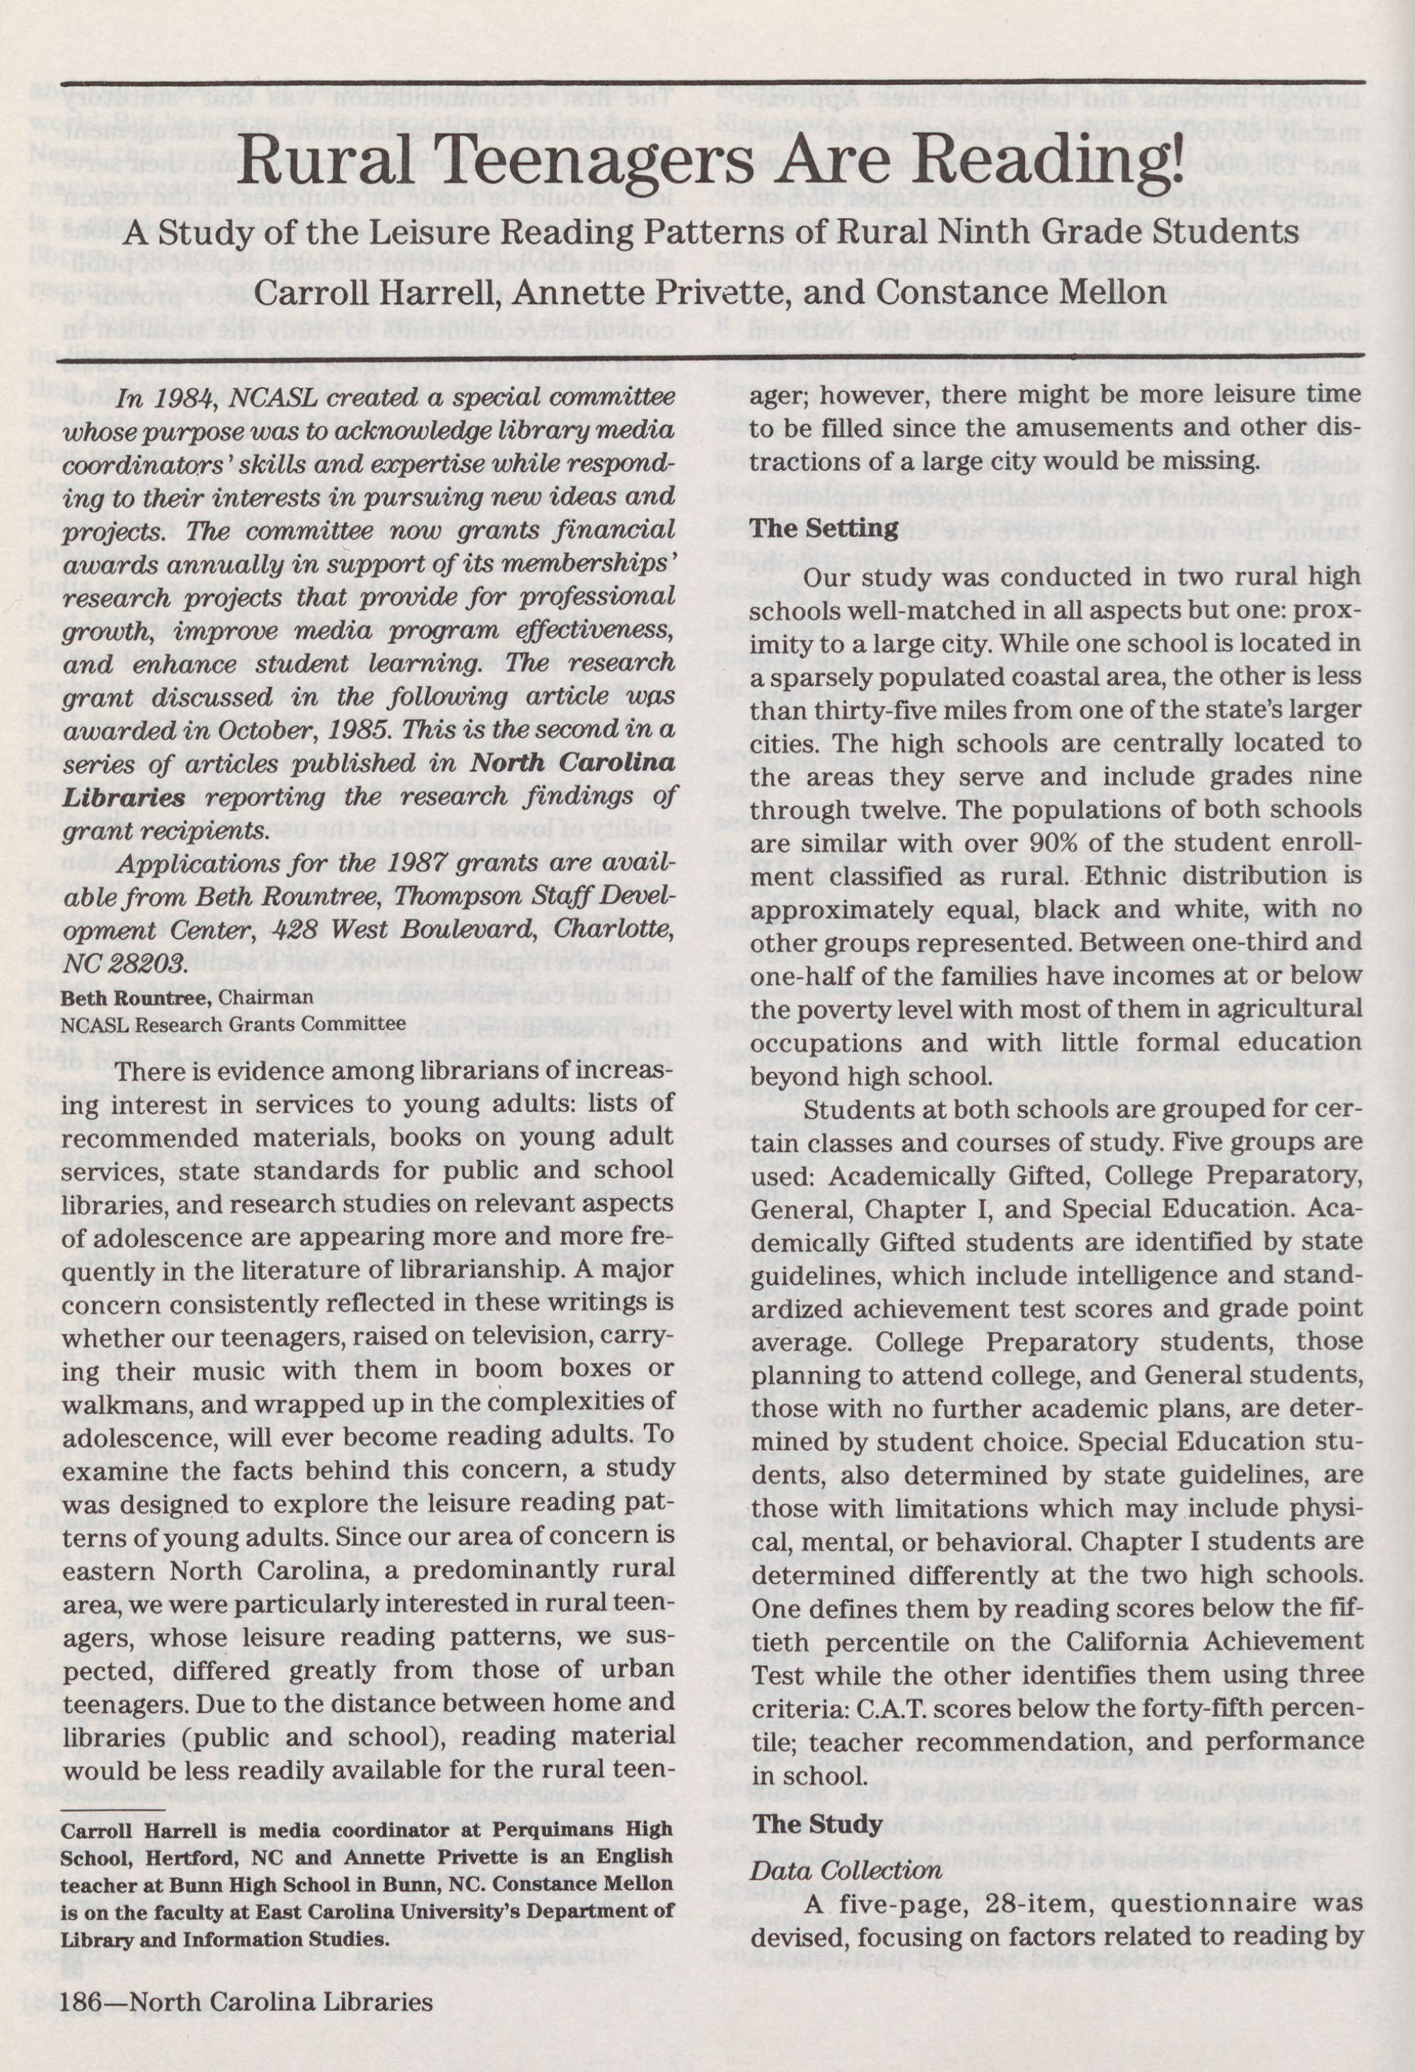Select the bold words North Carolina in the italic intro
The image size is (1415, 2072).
pyautogui.click(x=572, y=763)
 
